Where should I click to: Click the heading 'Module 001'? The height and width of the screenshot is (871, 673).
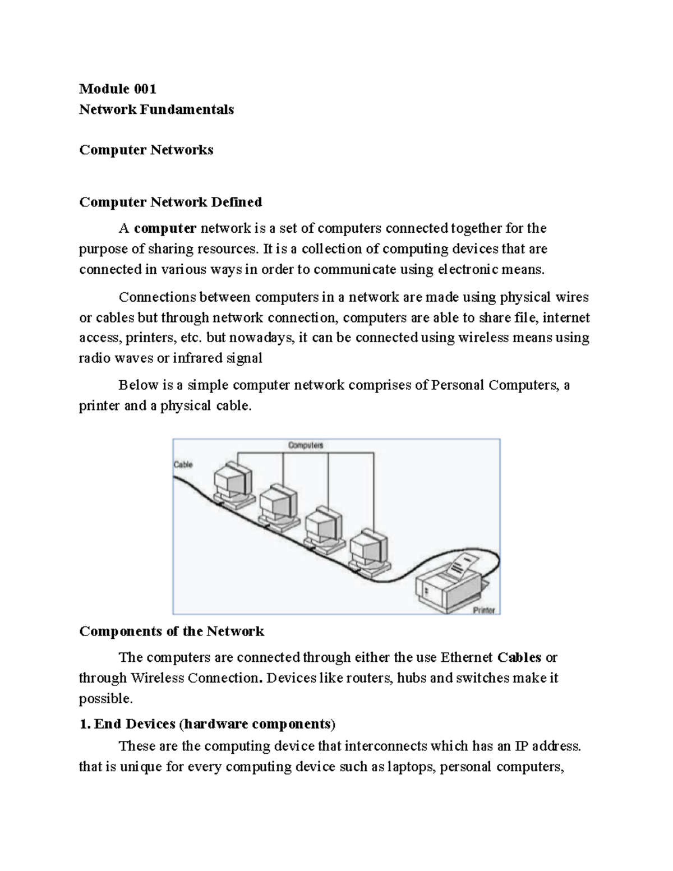pos(118,89)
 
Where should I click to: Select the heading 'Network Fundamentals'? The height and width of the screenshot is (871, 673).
pos(156,109)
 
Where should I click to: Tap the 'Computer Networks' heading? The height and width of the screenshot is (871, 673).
pos(146,150)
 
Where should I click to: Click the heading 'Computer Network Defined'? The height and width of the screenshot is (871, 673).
pos(170,202)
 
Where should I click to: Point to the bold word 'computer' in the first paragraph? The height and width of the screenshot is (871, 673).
pos(165,228)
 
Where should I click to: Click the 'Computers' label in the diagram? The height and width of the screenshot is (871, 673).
pos(306,445)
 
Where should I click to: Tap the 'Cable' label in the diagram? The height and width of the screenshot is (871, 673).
pos(183,464)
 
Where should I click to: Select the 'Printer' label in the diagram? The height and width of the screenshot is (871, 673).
pos(483,610)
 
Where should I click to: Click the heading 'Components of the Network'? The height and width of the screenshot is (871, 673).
pos(172,632)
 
